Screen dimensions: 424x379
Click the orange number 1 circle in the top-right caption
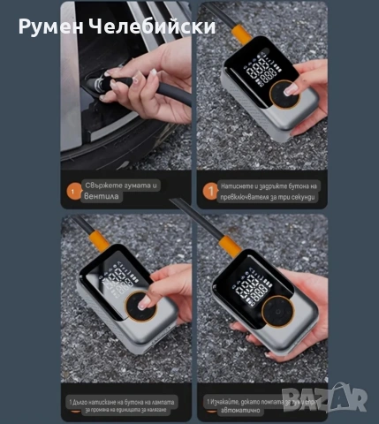(x=208, y=189)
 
